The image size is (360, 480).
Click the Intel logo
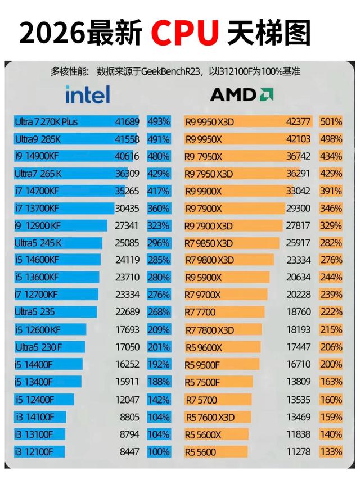coord(88,94)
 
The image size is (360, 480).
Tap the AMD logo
coord(242,94)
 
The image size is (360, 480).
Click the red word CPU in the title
coord(185,33)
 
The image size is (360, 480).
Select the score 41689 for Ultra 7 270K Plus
coord(127,122)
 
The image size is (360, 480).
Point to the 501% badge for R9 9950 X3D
coord(331,122)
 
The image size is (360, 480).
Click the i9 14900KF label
coord(37,156)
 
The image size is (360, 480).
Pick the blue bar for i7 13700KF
coord(64,209)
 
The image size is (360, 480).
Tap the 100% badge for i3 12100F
coord(159,452)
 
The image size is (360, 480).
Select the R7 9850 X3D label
coord(209,243)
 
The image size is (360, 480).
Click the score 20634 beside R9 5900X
coord(299,277)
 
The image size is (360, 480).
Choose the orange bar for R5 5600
coord(216,452)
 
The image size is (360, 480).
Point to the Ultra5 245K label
coord(38,243)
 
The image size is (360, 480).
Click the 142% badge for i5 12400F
coord(159,400)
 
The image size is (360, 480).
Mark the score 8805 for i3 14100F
coord(129,417)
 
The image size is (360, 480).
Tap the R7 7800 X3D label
coord(210,330)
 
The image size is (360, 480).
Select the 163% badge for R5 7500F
coord(331,382)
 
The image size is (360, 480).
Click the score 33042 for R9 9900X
coord(298,191)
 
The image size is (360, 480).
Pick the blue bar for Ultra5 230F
coord(49,347)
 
